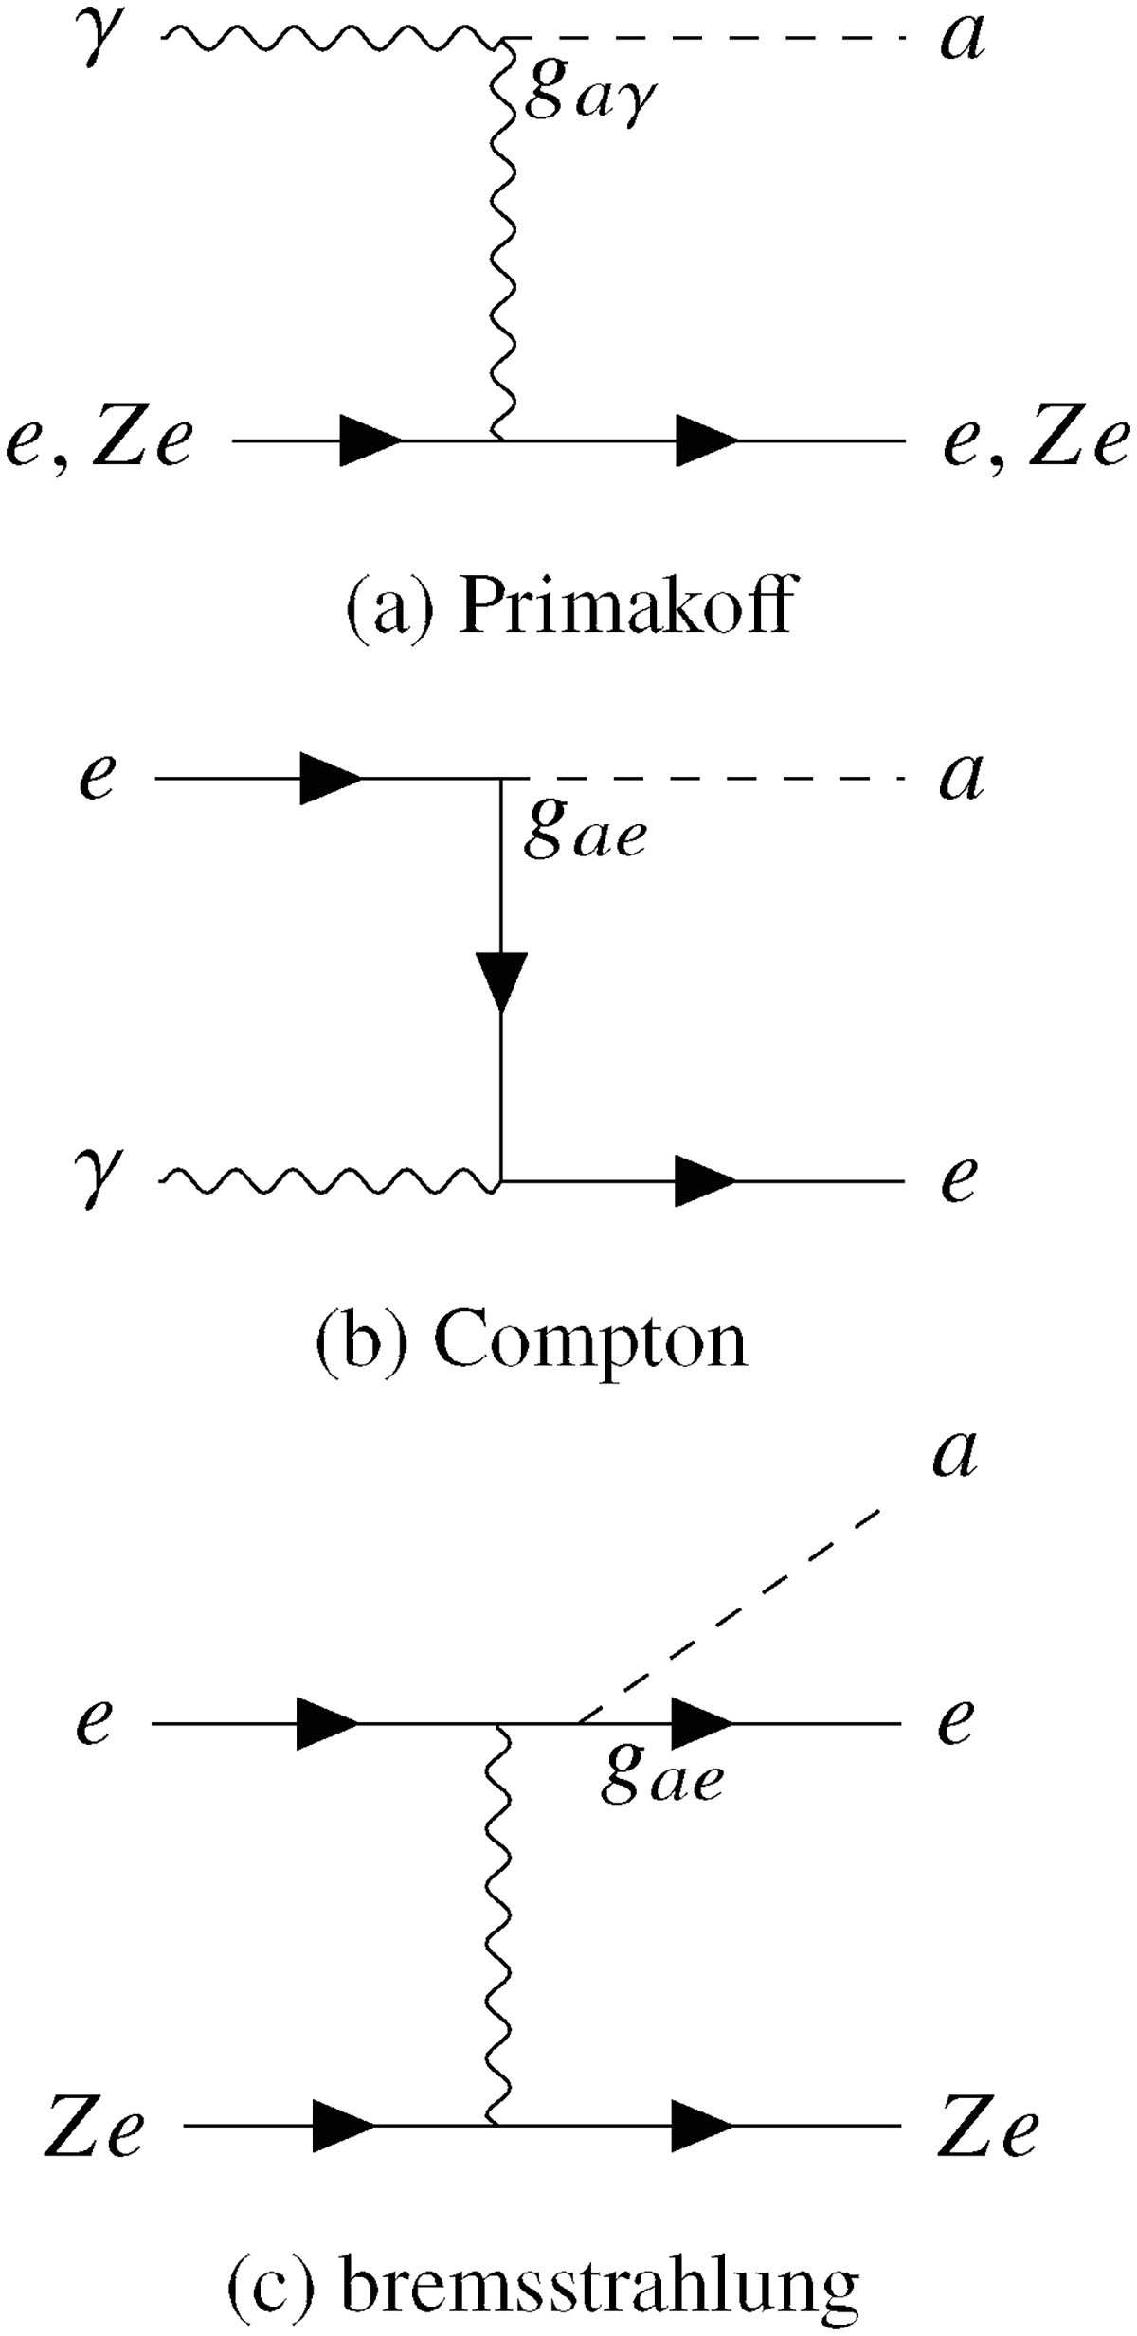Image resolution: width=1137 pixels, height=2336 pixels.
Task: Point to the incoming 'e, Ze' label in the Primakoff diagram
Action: [x=99, y=441]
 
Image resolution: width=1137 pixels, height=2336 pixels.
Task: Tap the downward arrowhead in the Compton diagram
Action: [x=501, y=979]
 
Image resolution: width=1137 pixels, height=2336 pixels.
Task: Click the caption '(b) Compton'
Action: [x=532, y=1343]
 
